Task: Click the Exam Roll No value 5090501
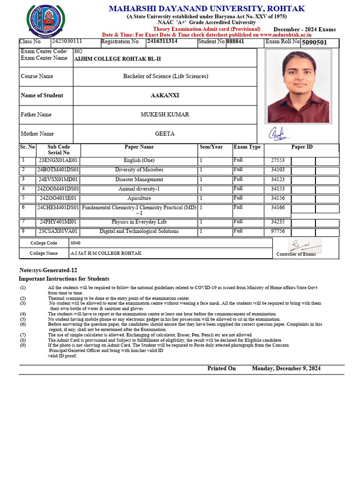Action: [x=314, y=43]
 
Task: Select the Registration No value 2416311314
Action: [x=162, y=41]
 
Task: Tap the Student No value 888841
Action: [x=235, y=41]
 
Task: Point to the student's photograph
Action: [x=298, y=86]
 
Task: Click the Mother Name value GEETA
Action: [x=165, y=134]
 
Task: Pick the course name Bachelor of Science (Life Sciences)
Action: [x=165, y=76]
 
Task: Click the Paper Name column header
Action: [x=139, y=147]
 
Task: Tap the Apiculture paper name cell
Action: [x=139, y=198]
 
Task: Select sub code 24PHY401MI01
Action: [x=58, y=222]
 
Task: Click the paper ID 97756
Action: [x=277, y=231]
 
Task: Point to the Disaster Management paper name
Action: [x=139, y=179]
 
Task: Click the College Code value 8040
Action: [x=75, y=243]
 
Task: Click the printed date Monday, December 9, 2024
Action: [x=286, y=368]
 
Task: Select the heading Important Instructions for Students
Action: [x=64, y=278]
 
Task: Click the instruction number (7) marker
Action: [x=23, y=335]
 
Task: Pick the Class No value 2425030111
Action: [x=67, y=41]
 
